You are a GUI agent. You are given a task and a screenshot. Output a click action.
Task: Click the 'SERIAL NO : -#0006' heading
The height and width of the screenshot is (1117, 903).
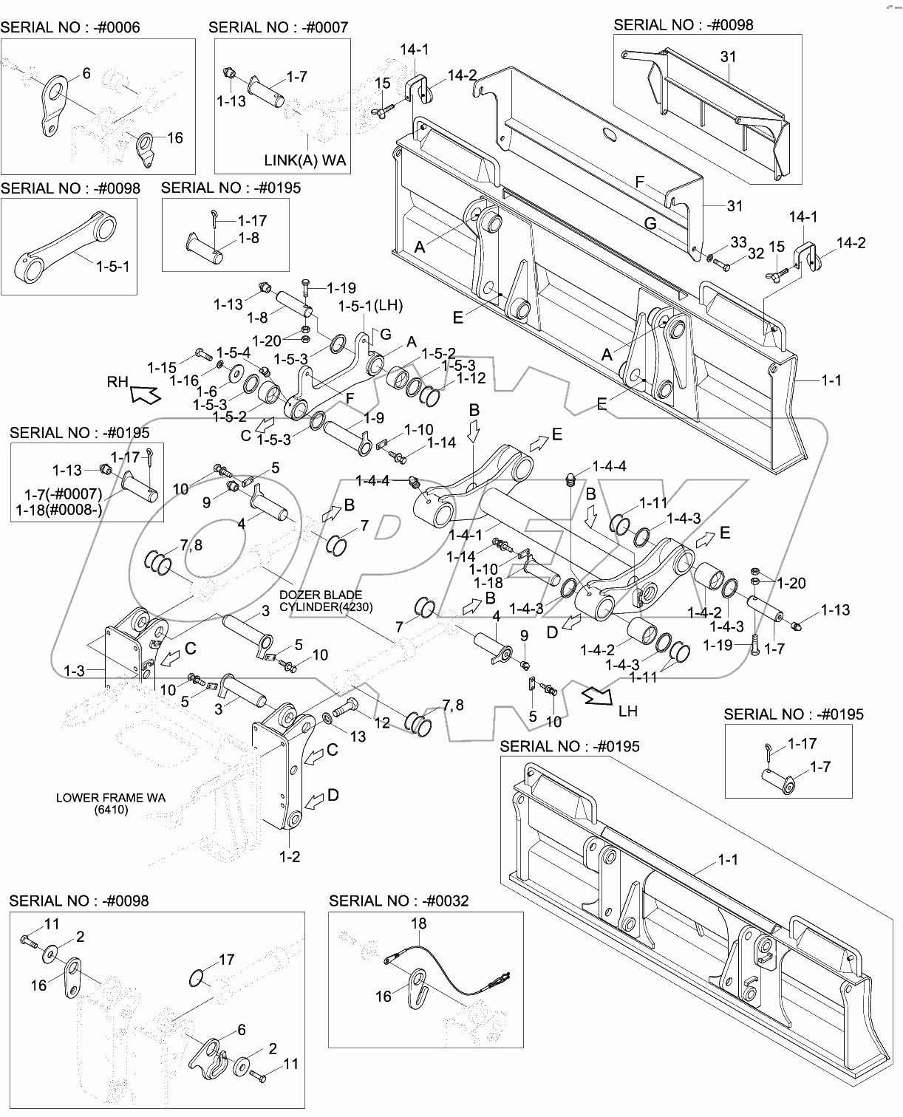70,28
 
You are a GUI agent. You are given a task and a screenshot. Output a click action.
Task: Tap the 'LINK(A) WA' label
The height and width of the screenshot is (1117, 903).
305,160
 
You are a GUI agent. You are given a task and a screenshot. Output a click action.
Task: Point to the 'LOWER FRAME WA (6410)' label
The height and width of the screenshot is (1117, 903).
111,804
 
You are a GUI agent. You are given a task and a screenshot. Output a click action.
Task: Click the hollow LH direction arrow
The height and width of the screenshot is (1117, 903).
596,697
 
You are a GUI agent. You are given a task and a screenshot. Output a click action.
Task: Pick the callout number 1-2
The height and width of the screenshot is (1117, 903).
290,857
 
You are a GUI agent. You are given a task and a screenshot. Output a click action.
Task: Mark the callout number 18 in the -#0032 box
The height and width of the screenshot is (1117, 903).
418,923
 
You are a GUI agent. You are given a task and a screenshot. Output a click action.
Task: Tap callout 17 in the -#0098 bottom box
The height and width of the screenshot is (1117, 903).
226,960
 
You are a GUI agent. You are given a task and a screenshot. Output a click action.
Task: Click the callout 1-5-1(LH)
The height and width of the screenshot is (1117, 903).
370,305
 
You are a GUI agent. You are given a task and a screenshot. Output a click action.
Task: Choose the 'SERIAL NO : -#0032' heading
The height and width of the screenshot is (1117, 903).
399,901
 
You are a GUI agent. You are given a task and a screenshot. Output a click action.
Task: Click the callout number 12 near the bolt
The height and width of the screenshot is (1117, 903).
381,723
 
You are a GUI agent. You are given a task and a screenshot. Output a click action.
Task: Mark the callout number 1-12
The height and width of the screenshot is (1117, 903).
471,379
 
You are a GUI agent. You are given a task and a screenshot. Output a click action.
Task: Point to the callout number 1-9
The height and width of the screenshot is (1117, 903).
374,418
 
